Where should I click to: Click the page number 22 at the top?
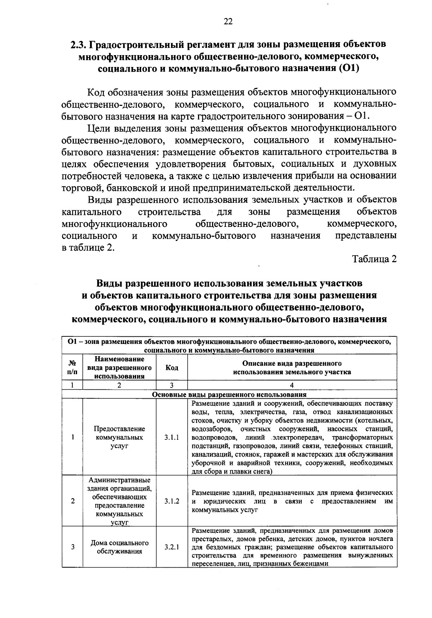pyautogui.click(x=228, y=22)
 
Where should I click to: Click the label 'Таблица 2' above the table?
pyautogui.click(x=374, y=259)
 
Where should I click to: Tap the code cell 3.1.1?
pyautogui.click(x=172, y=437)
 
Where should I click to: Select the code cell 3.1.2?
pyautogui.click(x=172, y=501)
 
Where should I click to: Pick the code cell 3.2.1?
pyautogui.click(x=172, y=547)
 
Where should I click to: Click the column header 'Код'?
pyautogui.click(x=172, y=367)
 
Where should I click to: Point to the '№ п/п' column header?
pyautogui.click(x=72, y=367)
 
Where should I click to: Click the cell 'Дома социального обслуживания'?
pyautogui.click(x=120, y=547)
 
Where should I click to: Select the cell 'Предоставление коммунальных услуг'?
pyautogui.click(x=120, y=437)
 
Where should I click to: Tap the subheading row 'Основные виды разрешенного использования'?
pyautogui.click(x=229, y=394)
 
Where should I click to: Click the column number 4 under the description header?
pyautogui.click(x=292, y=385)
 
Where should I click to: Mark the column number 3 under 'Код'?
pyautogui.click(x=172, y=385)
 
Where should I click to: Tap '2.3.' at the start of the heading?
pyautogui.click(x=78, y=45)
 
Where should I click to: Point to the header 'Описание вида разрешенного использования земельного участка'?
pyautogui.click(x=292, y=367)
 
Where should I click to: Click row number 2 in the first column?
pyautogui.click(x=73, y=501)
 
